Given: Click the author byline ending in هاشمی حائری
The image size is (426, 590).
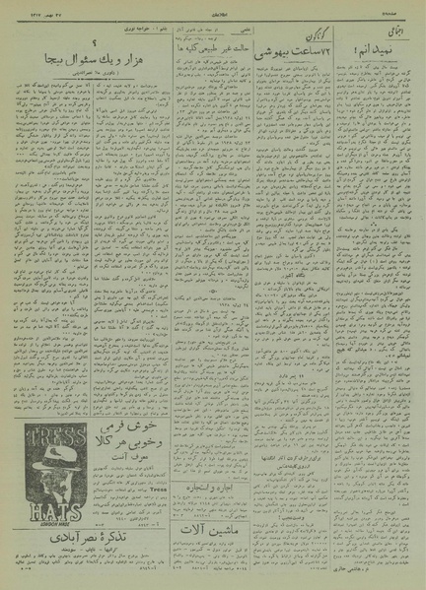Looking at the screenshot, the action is (x=386, y=569).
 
